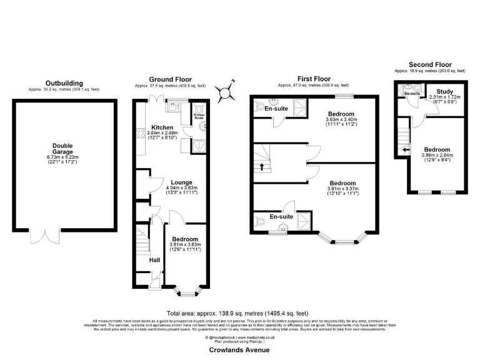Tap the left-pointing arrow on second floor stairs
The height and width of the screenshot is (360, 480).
(405, 150)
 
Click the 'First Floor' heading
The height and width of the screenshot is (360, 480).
(314, 79)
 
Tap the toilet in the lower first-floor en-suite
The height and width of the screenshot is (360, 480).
(261, 221)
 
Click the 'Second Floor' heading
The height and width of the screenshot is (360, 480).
(429, 64)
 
